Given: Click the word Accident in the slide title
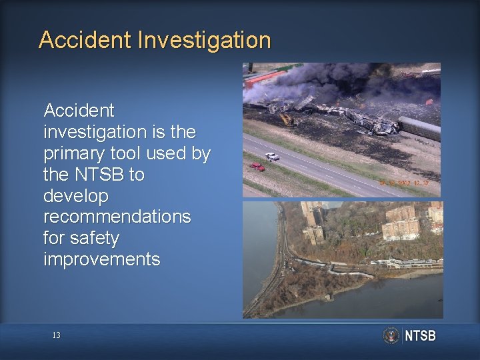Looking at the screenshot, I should (85, 40).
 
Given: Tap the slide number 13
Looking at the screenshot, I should (56, 335).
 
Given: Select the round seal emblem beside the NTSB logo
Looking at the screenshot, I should (391, 335).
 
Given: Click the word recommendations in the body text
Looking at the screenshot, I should (117, 217).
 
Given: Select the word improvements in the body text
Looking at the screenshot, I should (101, 259).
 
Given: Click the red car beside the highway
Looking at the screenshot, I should (257, 166).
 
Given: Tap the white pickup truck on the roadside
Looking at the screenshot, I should (272, 157).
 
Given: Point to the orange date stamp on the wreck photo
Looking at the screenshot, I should (404, 182).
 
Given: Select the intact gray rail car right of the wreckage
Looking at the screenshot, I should (419, 128).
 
